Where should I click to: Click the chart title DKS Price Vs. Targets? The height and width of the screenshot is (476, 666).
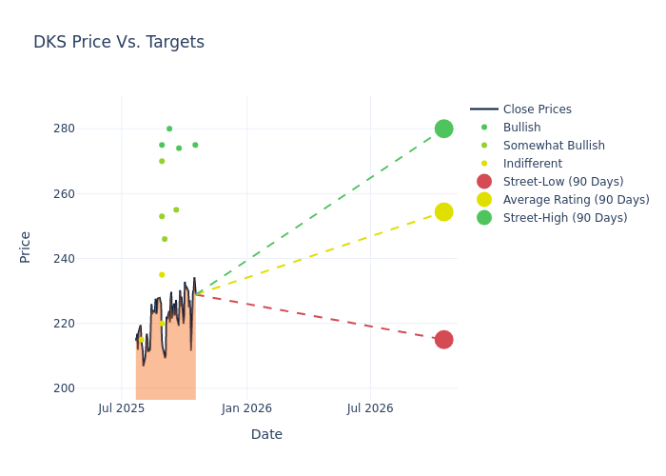[119, 42]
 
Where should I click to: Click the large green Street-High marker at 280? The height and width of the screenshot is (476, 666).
[443, 129]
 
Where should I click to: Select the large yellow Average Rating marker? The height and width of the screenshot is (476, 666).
[443, 211]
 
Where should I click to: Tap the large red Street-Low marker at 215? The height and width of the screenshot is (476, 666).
[443, 340]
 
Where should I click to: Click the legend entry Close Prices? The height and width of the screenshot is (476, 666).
[537, 109]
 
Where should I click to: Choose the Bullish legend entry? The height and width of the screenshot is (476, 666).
[521, 128]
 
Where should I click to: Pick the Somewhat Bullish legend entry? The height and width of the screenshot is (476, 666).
[554, 146]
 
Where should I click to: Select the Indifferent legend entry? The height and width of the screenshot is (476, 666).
[532, 164]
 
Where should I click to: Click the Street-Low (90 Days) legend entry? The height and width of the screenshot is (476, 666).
[563, 182]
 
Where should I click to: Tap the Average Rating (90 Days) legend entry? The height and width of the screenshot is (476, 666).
[576, 200]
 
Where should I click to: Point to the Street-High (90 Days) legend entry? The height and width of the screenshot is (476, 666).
[565, 218]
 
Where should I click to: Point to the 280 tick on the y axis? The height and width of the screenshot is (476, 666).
[90, 129]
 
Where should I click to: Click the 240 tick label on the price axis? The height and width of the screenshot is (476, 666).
[90, 259]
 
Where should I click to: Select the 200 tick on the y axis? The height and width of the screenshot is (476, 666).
[90, 388]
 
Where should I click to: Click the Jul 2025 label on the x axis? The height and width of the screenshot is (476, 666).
[122, 408]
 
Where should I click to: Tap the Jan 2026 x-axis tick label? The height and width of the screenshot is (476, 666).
[246, 408]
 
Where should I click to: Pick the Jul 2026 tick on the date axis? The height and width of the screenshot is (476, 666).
[369, 408]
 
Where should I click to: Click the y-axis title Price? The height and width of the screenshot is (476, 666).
[26, 247]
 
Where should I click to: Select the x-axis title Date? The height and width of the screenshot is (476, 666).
[266, 434]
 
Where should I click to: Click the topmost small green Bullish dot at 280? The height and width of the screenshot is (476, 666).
[169, 129]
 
